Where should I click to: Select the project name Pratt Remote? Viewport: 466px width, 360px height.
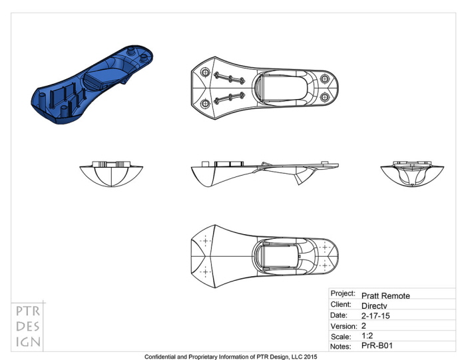point(385,295)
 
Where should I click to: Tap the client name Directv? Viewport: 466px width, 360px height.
point(375,305)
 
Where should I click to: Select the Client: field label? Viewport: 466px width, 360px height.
point(342,304)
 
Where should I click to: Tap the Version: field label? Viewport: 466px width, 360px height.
point(344,326)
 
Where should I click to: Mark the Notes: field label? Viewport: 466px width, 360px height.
point(342,347)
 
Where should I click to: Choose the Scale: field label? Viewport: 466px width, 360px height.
point(342,337)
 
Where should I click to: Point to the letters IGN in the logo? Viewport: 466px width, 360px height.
point(28,342)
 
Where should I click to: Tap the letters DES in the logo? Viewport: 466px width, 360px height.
point(28,327)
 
